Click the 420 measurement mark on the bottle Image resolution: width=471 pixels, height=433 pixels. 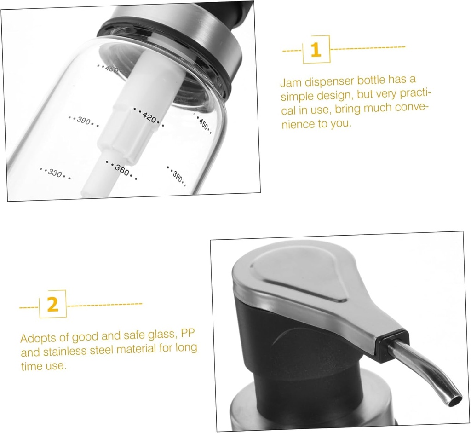coord(149,117)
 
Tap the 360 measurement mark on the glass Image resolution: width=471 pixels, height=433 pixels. coord(122,170)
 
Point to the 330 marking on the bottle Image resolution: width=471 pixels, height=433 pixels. coord(55,173)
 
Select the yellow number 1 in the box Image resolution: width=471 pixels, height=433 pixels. coord(316,50)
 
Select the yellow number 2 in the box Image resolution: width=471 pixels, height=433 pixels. coord(53,305)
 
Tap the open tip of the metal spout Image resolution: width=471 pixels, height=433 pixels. coord(455,398)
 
